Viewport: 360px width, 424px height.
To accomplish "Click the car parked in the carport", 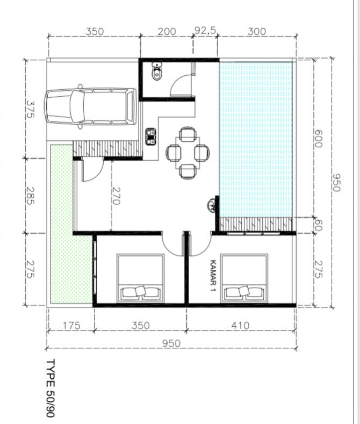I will pos(90,106).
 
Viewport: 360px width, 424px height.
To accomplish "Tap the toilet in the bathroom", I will pos(157,72).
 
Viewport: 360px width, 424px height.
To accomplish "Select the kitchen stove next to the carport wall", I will pos(150,136).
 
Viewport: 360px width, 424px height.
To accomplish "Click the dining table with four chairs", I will pos(186,153).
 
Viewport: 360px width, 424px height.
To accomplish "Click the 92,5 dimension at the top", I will pos(205,31).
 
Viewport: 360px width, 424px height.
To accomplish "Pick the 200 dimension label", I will pos(167,32).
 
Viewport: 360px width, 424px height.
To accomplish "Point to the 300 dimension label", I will pos(257,32).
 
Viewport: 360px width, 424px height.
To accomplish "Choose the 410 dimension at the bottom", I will pos(240,325).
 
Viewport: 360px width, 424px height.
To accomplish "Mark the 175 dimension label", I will pos(71,325).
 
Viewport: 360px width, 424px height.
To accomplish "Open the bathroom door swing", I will pos(181,86).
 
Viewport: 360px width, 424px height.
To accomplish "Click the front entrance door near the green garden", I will pos(90,171).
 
